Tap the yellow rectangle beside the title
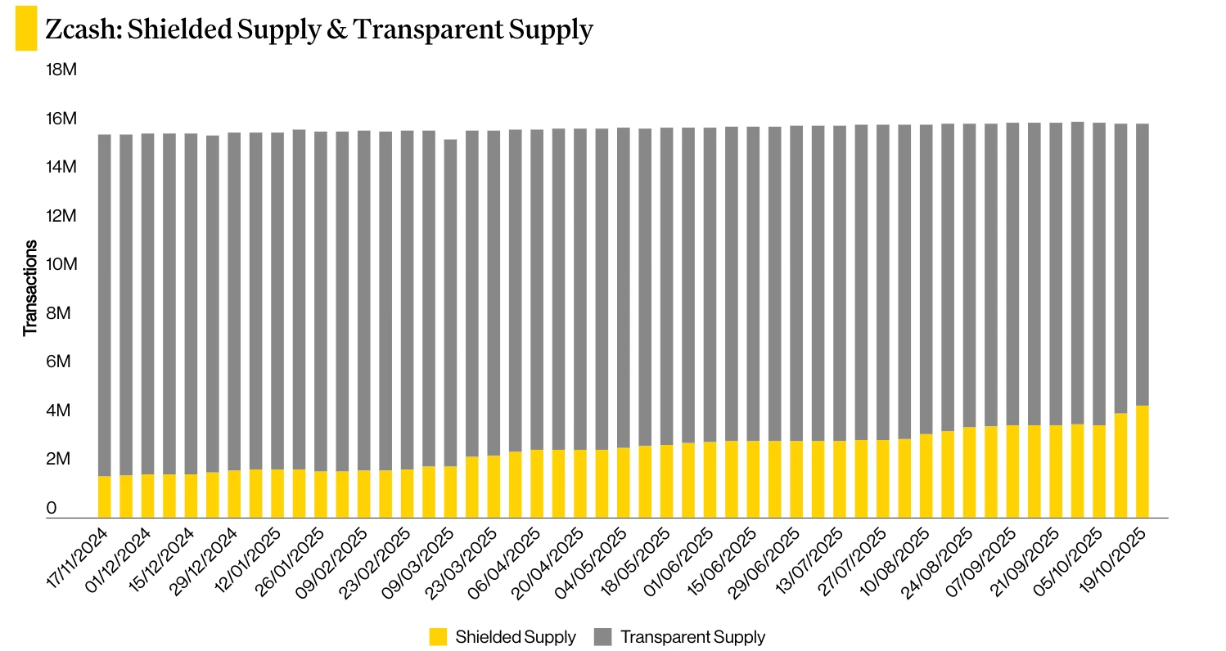click(x=26, y=28)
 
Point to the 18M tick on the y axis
click(x=62, y=70)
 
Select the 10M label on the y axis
click(x=62, y=265)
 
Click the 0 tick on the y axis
click(x=52, y=509)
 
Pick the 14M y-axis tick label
click(x=62, y=168)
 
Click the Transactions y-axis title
click(x=30, y=288)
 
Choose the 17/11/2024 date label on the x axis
click(x=78, y=557)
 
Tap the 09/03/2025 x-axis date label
click(x=423, y=557)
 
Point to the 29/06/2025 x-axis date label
click(x=769, y=557)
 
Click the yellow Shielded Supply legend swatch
click(x=438, y=637)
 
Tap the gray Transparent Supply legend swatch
click(x=602, y=637)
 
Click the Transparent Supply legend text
click(x=692, y=637)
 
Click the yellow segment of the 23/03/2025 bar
click(x=472, y=487)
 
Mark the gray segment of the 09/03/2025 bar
click(x=451, y=303)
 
